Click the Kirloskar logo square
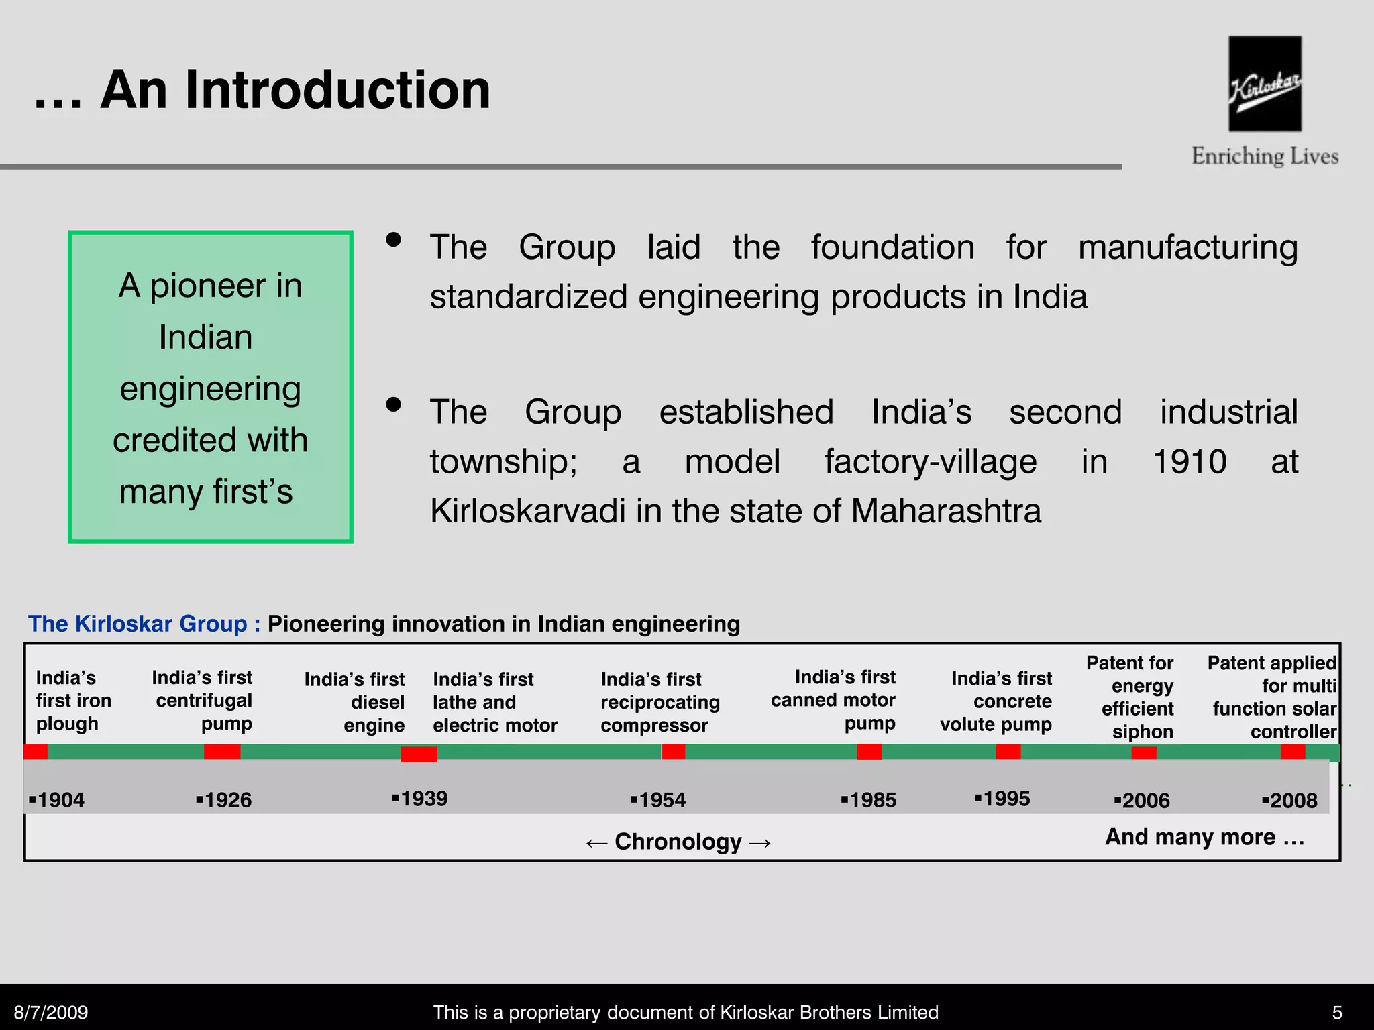pyautogui.click(x=1265, y=84)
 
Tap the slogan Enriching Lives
pyautogui.click(x=1265, y=156)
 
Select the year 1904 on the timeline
pyautogui.click(x=59, y=800)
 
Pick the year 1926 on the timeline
pyautogui.click(x=226, y=800)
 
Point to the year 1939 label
pyautogui.click(x=422, y=799)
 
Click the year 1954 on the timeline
pyautogui.click(x=660, y=800)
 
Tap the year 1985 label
pyautogui.click(x=871, y=800)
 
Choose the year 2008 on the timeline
pyautogui.click(x=1291, y=800)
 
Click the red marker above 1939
pyautogui.click(x=419, y=754)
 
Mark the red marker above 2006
pyautogui.click(x=1143, y=752)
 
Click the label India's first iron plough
pyautogui.click(x=73, y=701)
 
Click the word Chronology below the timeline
pyautogui.click(x=678, y=842)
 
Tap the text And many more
pyautogui.click(x=1204, y=837)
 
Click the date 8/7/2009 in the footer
pyautogui.click(x=51, y=1012)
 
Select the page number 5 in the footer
pyautogui.click(x=1337, y=1012)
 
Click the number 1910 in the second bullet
pyautogui.click(x=1190, y=462)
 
